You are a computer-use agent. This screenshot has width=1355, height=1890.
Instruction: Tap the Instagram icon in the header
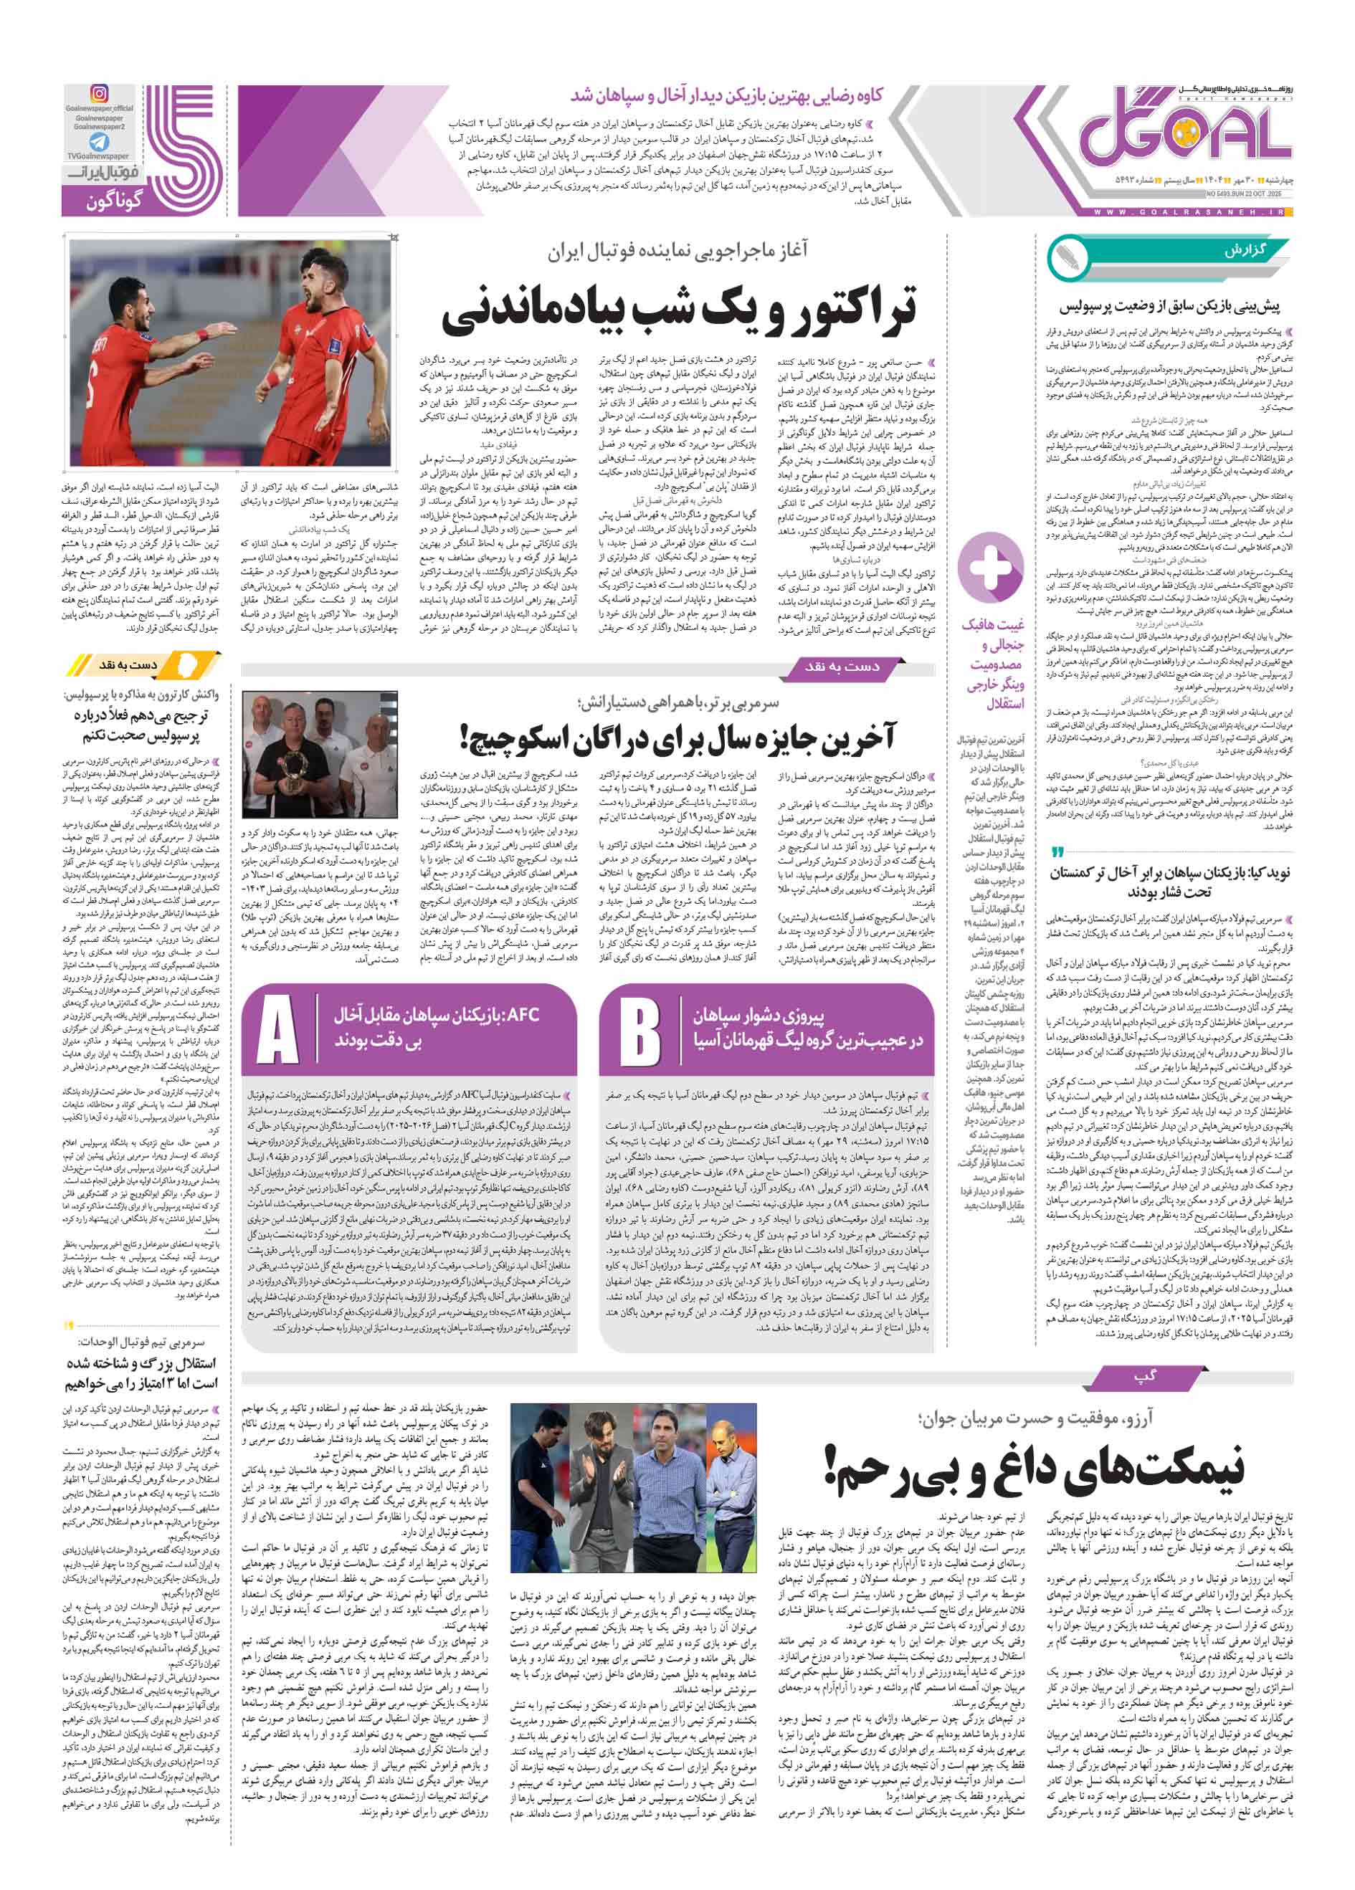(x=99, y=94)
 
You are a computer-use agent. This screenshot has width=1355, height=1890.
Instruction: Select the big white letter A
(x=277, y=1030)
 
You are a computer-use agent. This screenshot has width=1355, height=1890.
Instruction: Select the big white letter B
(x=640, y=1030)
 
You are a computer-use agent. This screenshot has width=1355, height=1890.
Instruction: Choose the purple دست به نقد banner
(x=841, y=666)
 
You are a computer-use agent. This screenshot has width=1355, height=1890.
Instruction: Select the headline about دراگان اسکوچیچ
(x=677, y=738)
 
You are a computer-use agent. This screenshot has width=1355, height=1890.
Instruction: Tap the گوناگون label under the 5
(x=115, y=201)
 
